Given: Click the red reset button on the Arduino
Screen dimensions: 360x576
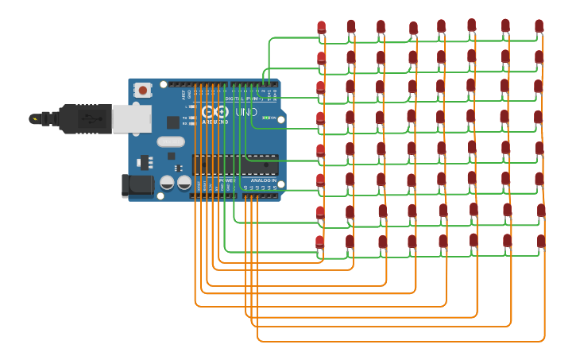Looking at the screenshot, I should [143, 90].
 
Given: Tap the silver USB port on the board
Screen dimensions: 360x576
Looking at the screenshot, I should [131, 118].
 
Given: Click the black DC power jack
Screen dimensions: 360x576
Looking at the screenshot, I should [137, 186].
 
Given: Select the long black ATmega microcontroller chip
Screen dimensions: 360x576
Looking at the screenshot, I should [235, 164].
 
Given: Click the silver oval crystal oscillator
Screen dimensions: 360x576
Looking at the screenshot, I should [170, 141].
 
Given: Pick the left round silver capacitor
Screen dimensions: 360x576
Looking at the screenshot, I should [167, 182].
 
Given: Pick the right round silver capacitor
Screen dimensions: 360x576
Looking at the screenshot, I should [184, 182].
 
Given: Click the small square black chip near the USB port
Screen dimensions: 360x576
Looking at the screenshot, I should [172, 122].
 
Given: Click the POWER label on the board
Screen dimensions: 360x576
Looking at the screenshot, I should [228, 180].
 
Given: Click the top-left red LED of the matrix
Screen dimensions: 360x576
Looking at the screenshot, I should [321, 28].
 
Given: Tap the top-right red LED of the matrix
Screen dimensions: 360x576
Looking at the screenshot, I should [539, 26].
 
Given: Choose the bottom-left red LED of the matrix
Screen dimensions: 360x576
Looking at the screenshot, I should [320, 242].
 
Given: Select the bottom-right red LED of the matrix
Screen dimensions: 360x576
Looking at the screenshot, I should [541, 241].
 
